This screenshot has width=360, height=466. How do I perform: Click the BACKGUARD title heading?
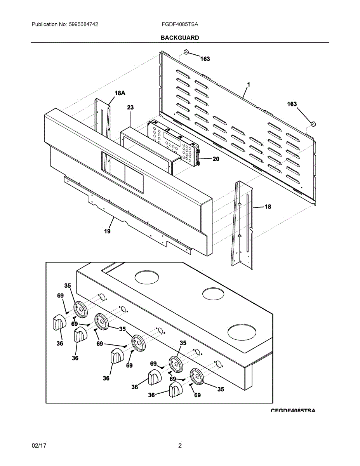[x=180, y=38]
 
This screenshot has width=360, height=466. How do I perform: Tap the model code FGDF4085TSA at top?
[x=180, y=24]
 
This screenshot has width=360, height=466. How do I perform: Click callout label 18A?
[x=120, y=93]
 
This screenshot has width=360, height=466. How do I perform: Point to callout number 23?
[x=130, y=108]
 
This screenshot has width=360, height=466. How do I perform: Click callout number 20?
[x=216, y=159]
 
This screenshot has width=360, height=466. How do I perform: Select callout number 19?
[x=107, y=231]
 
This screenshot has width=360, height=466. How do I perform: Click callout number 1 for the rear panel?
[x=248, y=84]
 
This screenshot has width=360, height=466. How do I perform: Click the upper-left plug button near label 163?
[x=186, y=52]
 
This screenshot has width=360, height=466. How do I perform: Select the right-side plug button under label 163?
[x=314, y=124]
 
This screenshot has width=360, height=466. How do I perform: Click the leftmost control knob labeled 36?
[x=58, y=323]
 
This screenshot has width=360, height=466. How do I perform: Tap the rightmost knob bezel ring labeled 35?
[x=198, y=377]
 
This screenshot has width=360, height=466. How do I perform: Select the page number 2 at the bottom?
[x=180, y=445]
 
